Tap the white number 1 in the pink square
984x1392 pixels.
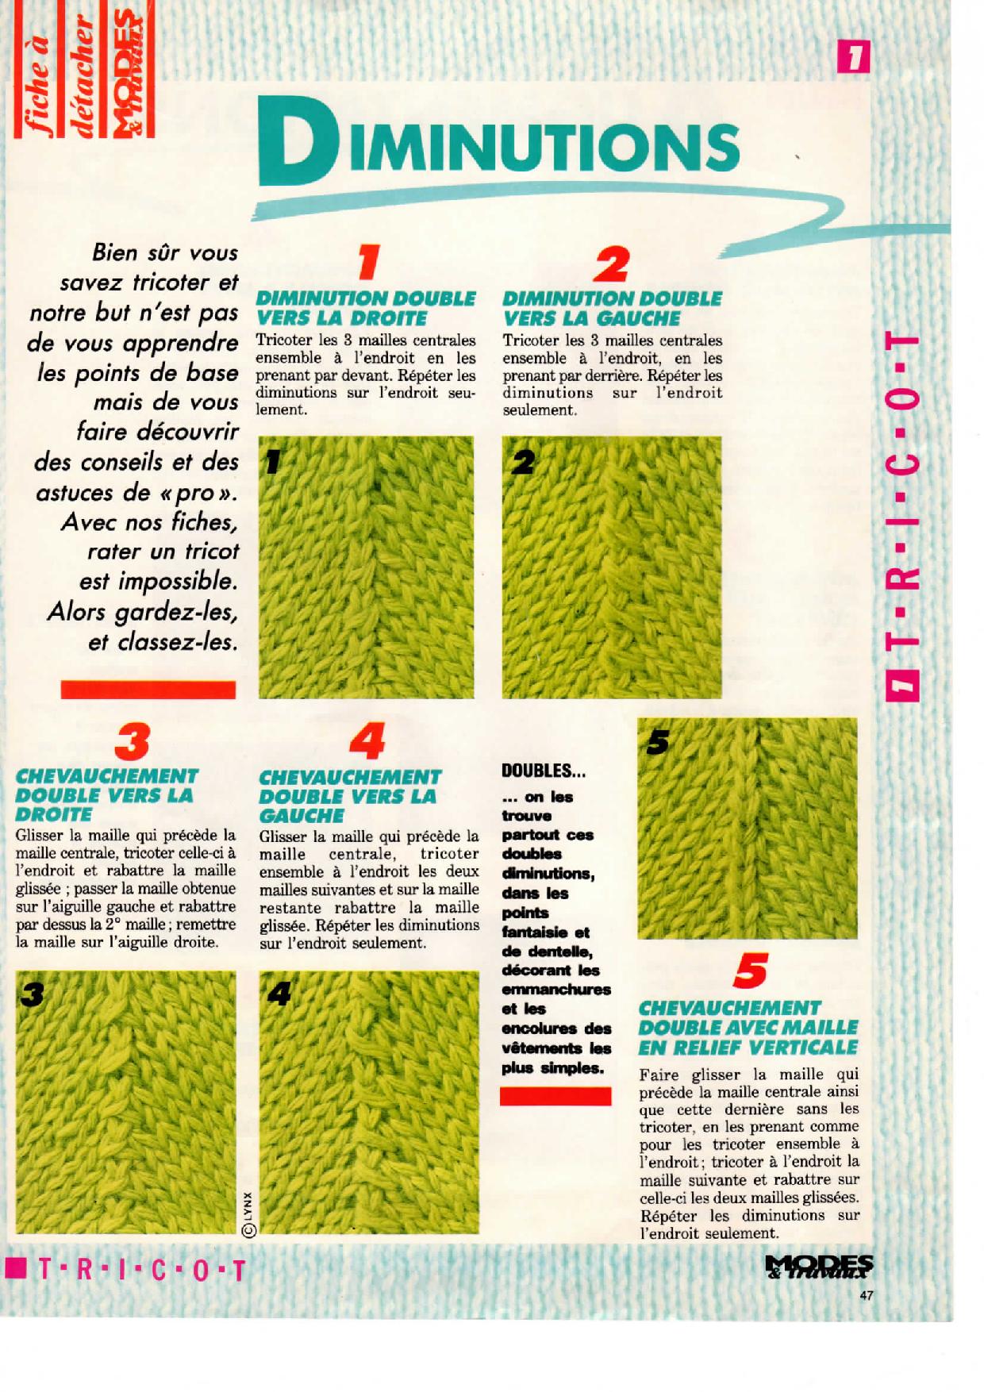[854, 57]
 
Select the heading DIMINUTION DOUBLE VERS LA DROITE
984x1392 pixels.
[366, 309]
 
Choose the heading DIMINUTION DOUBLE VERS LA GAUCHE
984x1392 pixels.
[613, 309]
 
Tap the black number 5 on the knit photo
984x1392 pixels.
[658, 741]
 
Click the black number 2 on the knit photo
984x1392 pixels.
[523, 463]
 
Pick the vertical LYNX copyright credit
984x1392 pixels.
[248, 1214]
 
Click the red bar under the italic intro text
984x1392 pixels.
[148, 690]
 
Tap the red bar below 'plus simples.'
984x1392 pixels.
[555, 1096]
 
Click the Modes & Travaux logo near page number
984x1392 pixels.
[820, 1268]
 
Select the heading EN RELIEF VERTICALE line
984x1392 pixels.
[748, 1047]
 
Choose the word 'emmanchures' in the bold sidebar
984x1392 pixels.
[556, 990]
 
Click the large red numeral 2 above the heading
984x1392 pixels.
[612, 264]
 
